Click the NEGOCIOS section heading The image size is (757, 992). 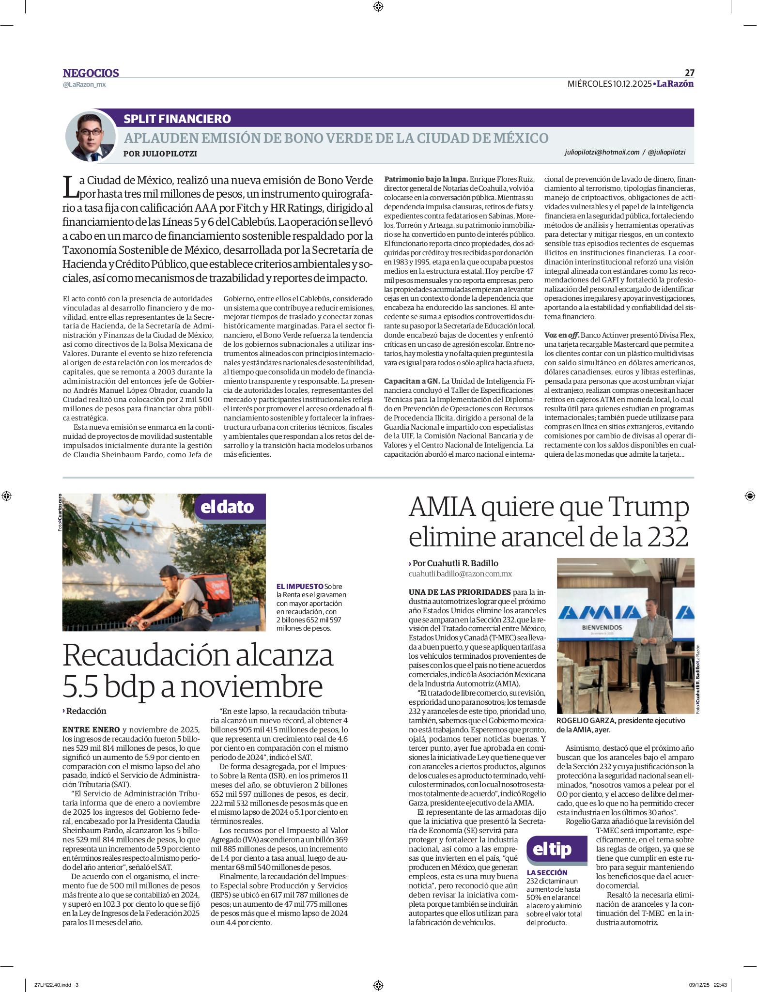(x=91, y=73)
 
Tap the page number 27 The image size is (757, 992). (x=689, y=73)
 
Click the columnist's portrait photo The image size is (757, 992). (x=91, y=137)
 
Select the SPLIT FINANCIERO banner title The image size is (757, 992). (x=177, y=119)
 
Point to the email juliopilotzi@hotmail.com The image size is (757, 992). (x=602, y=152)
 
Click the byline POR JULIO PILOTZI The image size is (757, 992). (x=160, y=154)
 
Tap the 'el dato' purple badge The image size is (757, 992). (x=230, y=507)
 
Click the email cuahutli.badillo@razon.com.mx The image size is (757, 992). (x=460, y=573)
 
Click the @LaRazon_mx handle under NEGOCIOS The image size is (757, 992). (x=84, y=85)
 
